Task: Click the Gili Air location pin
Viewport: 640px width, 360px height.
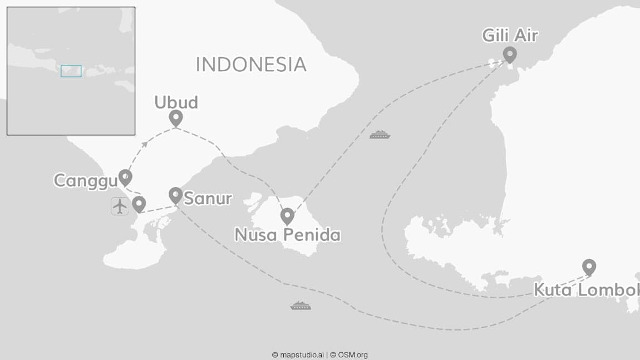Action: (x=509, y=54)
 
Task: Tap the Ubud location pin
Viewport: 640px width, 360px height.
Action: (x=176, y=117)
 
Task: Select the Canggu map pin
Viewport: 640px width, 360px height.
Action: (x=126, y=177)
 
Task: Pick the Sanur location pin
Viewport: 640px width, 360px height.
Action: (x=175, y=194)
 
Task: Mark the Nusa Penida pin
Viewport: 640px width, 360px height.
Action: (x=287, y=215)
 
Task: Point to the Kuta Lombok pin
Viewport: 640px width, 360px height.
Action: (x=589, y=267)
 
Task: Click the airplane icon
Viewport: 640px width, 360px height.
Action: (x=120, y=206)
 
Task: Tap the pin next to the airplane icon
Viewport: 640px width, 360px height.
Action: (x=139, y=204)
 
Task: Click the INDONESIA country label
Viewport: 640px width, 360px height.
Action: (x=251, y=65)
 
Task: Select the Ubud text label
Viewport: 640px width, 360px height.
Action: (x=176, y=102)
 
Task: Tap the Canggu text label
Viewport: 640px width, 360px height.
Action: (x=85, y=180)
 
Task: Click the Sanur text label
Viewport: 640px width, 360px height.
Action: (x=208, y=198)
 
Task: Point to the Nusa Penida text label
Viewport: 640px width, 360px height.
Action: (x=287, y=235)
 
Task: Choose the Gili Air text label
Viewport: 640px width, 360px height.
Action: (x=510, y=36)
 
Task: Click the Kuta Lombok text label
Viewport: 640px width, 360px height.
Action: (x=586, y=290)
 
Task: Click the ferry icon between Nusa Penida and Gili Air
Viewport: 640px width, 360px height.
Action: (x=380, y=135)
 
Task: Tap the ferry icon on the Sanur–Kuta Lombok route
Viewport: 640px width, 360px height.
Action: (x=301, y=305)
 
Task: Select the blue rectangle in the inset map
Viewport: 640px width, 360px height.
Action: (x=71, y=71)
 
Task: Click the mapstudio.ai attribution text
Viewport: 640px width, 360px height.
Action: (x=298, y=354)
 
